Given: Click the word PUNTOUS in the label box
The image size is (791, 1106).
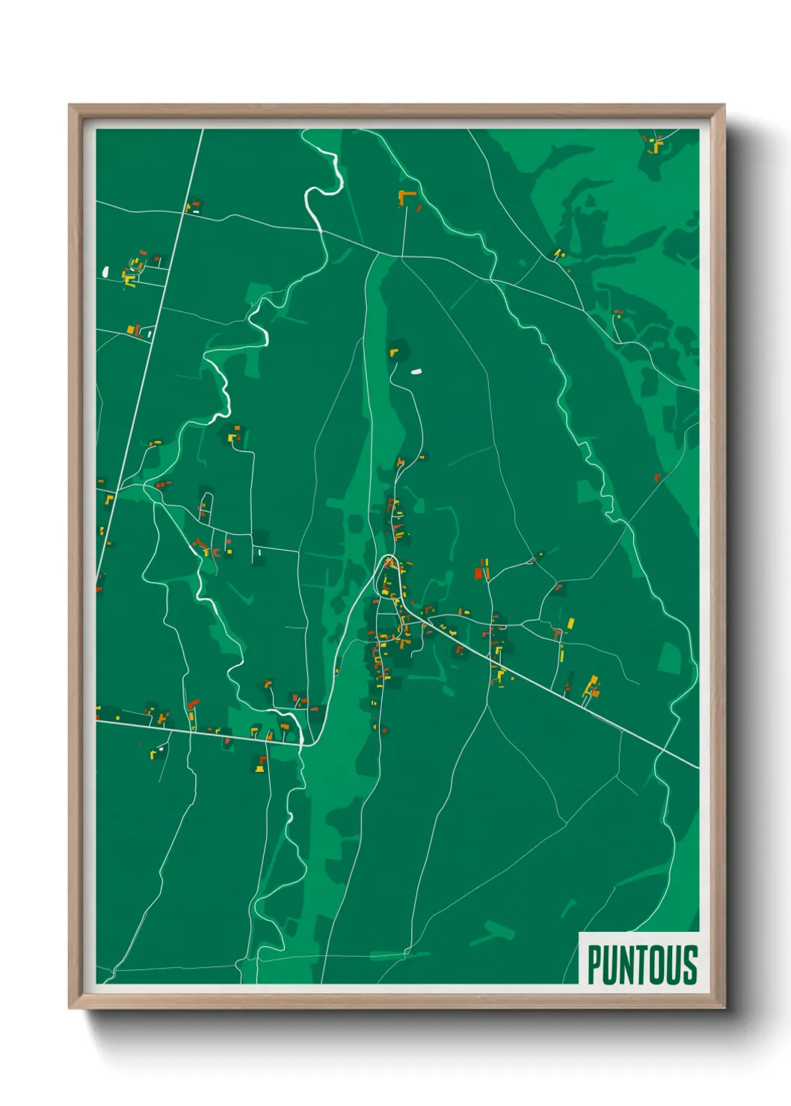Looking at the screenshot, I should (x=641, y=965).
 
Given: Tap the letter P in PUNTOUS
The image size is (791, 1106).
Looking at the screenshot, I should (x=594, y=965).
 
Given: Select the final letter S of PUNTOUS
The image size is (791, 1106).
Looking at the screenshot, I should (x=689, y=965).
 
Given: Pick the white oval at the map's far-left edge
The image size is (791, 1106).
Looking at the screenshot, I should (x=105, y=271).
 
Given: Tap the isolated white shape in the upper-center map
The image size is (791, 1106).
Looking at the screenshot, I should (x=416, y=371).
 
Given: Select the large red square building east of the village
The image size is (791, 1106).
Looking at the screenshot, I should (x=478, y=574).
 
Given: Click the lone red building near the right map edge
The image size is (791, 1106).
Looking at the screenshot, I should (x=657, y=477).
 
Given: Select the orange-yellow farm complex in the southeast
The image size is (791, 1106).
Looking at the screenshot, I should (x=593, y=688).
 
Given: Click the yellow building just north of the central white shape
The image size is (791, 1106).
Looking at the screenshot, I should (x=393, y=350).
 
